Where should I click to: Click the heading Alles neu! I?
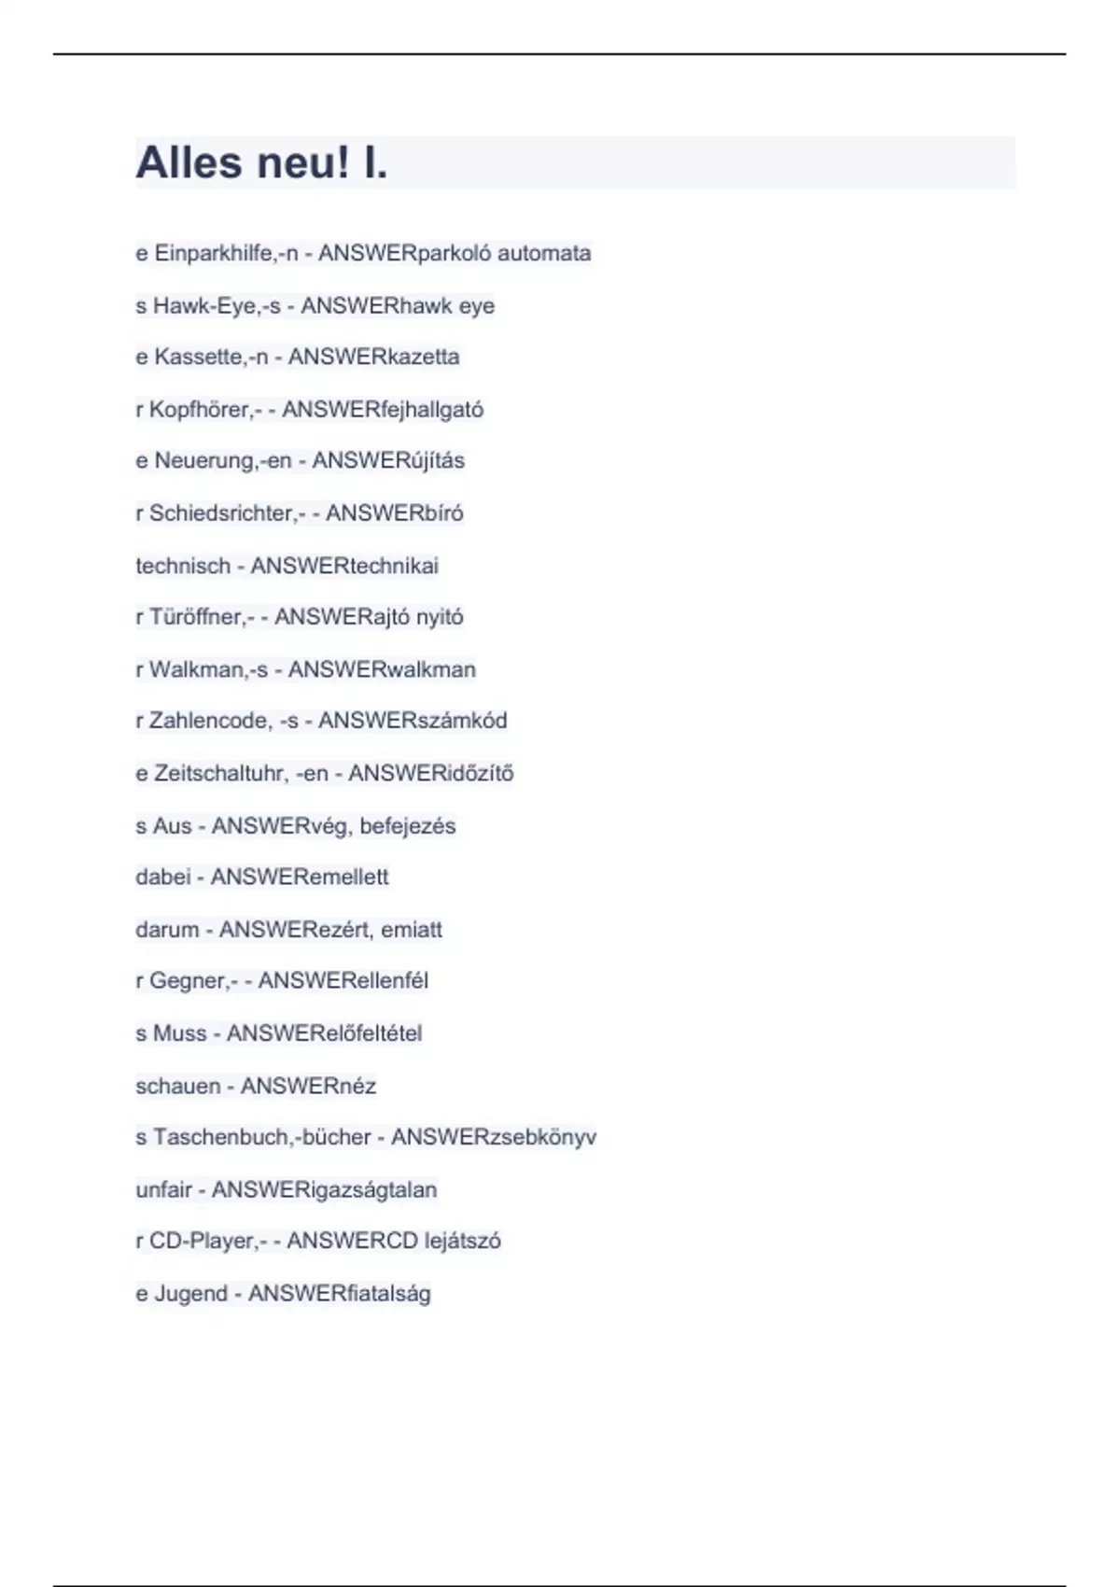click(261, 162)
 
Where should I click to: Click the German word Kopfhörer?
click(199, 409)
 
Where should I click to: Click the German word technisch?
click(183, 566)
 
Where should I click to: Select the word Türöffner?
click(195, 616)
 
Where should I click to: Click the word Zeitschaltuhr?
click(217, 773)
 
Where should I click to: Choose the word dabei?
click(163, 877)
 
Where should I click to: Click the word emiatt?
click(412, 929)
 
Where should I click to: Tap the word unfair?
click(163, 1189)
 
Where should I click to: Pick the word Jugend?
click(190, 1293)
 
